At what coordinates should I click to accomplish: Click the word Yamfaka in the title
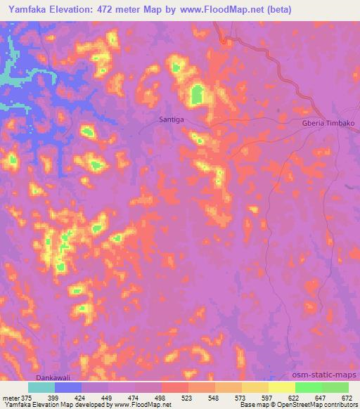(30, 11)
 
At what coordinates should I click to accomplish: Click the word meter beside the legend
(10, 397)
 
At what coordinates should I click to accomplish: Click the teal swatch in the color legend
(41, 387)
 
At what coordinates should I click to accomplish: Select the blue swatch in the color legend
(67, 387)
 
